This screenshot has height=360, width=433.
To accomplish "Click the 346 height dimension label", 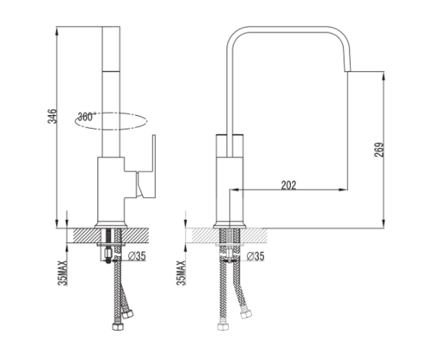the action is pos(52,116).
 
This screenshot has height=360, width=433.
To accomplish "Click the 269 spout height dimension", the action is pos(379,150).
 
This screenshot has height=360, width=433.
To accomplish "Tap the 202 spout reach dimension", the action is pos(289,185).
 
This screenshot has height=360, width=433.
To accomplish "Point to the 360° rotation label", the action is pos(87,117).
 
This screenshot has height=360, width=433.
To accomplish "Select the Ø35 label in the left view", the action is pos(137,256).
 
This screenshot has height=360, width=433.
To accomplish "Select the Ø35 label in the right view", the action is pos(255,256).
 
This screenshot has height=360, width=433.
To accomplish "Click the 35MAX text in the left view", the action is pos(62,273).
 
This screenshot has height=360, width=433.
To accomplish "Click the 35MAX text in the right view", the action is pos(181,273).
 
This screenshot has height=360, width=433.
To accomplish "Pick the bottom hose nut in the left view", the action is pos(118,326).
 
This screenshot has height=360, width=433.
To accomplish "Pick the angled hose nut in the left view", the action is pos(127,314).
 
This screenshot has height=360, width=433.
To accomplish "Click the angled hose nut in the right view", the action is pos(246,314).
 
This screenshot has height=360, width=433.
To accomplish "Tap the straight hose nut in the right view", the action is pos(223,326).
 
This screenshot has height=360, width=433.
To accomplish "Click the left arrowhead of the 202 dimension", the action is pos(233,190).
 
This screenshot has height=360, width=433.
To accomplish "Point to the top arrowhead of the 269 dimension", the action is pos(384,75).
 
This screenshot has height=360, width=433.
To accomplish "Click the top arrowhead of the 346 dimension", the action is pos(57,30).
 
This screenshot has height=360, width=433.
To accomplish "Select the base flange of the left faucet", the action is pos(111,225).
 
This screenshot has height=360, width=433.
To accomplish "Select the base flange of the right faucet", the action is pos(229,225).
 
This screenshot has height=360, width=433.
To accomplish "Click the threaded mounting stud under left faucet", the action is pos(108,245).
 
